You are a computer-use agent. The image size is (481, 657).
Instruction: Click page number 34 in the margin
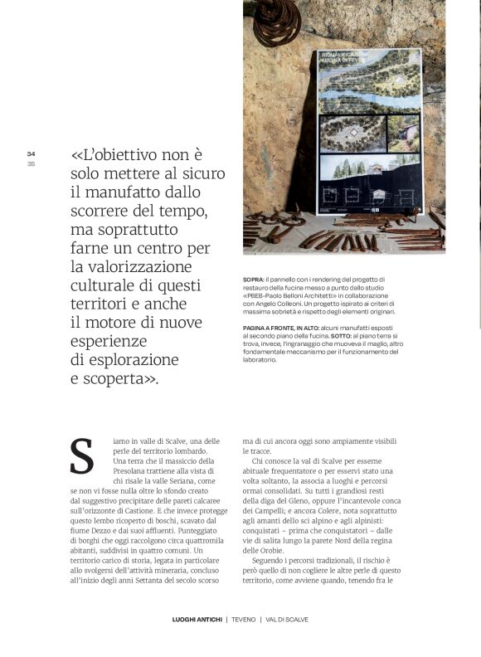tap(31, 153)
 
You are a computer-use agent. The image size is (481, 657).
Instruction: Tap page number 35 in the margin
tap(31, 163)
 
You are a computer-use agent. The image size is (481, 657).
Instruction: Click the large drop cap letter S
tap(81, 458)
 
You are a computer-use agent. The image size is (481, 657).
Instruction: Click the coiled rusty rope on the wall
tap(277, 21)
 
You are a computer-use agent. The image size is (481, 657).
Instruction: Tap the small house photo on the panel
tap(403, 133)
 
